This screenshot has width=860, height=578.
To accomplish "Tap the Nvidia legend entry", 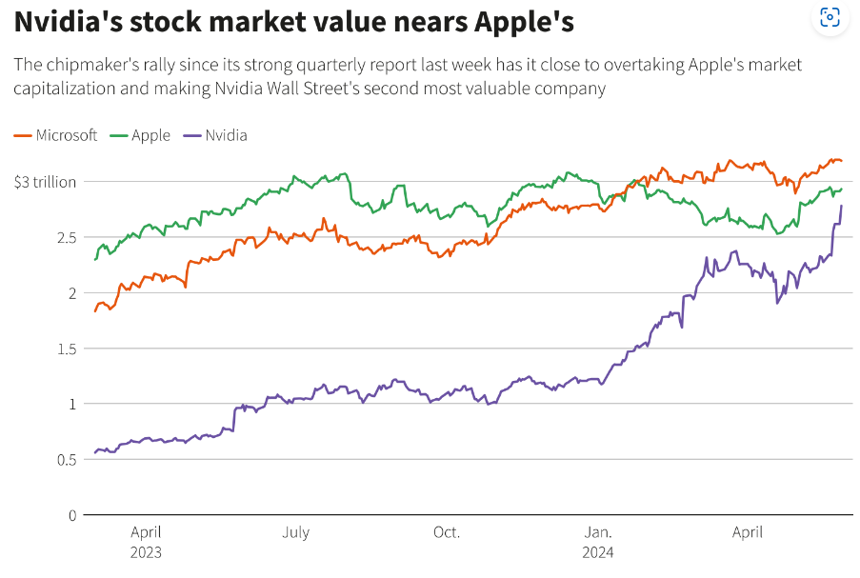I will tap(216, 135).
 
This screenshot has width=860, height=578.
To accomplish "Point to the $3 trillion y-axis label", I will tap(45, 182).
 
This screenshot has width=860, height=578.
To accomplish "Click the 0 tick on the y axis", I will tap(70, 515).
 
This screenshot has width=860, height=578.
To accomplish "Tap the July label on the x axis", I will tap(295, 533).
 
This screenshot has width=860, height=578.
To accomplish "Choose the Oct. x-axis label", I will tap(446, 533).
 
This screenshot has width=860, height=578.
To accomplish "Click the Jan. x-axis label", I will tap(598, 533).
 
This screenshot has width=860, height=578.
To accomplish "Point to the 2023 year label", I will tap(146, 553).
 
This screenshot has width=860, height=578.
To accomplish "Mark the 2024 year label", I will tap(598, 553).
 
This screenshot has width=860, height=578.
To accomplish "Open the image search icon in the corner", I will tap(830, 17).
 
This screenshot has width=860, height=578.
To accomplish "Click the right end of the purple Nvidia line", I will tap(841, 206).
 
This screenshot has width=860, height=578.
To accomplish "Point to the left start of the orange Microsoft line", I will tap(95, 311).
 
